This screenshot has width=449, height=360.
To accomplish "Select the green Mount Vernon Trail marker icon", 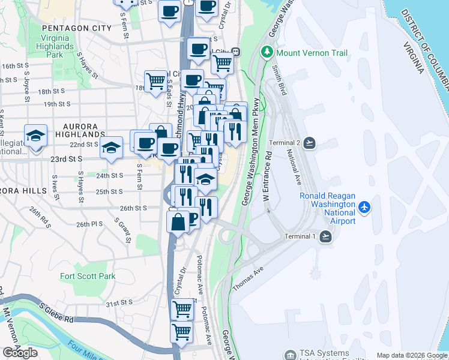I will [x=268, y=53].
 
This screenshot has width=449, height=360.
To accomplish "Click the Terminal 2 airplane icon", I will [x=309, y=142].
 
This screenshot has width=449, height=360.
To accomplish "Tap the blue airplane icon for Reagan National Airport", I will [x=364, y=207].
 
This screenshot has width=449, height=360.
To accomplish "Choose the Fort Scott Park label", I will [x=88, y=277].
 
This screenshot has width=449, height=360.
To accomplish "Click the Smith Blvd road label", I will [x=278, y=79].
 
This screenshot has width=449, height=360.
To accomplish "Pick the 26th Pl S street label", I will [x=90, y=224].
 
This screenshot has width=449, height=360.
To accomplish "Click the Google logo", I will [x=20, y=353].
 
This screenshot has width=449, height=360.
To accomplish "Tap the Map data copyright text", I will [x=412, y=355].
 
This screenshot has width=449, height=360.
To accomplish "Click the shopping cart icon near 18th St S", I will [x=155, y=81].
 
